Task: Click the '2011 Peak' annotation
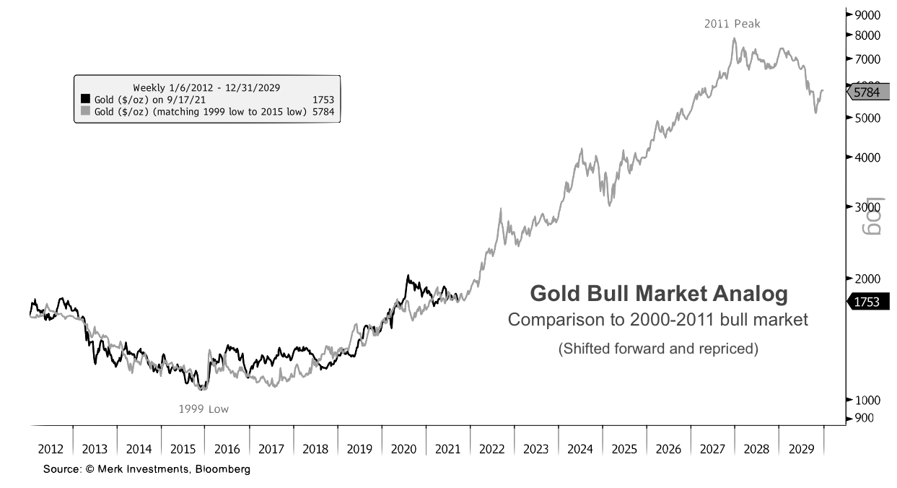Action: (732, 24)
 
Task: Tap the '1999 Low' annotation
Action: (204, 409)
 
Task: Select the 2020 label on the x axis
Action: (403, 449)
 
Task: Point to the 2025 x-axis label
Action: (624, 449)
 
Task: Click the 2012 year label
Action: (51, 449)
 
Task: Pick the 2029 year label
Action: (801, 449)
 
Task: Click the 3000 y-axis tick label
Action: (866, 207)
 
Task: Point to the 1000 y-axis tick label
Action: (866, 399)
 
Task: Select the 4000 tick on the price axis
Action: (866, 157)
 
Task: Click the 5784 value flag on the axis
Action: (865, 92)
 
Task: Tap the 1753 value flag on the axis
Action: (865, 302)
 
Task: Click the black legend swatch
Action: (85, 99)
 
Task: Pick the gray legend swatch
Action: (85, 111)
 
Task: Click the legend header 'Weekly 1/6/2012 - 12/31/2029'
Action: (206, 87)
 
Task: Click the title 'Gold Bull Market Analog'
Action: (658, 294)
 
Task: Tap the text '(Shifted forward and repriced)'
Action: (657, 349)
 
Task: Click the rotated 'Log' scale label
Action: (874, 218)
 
